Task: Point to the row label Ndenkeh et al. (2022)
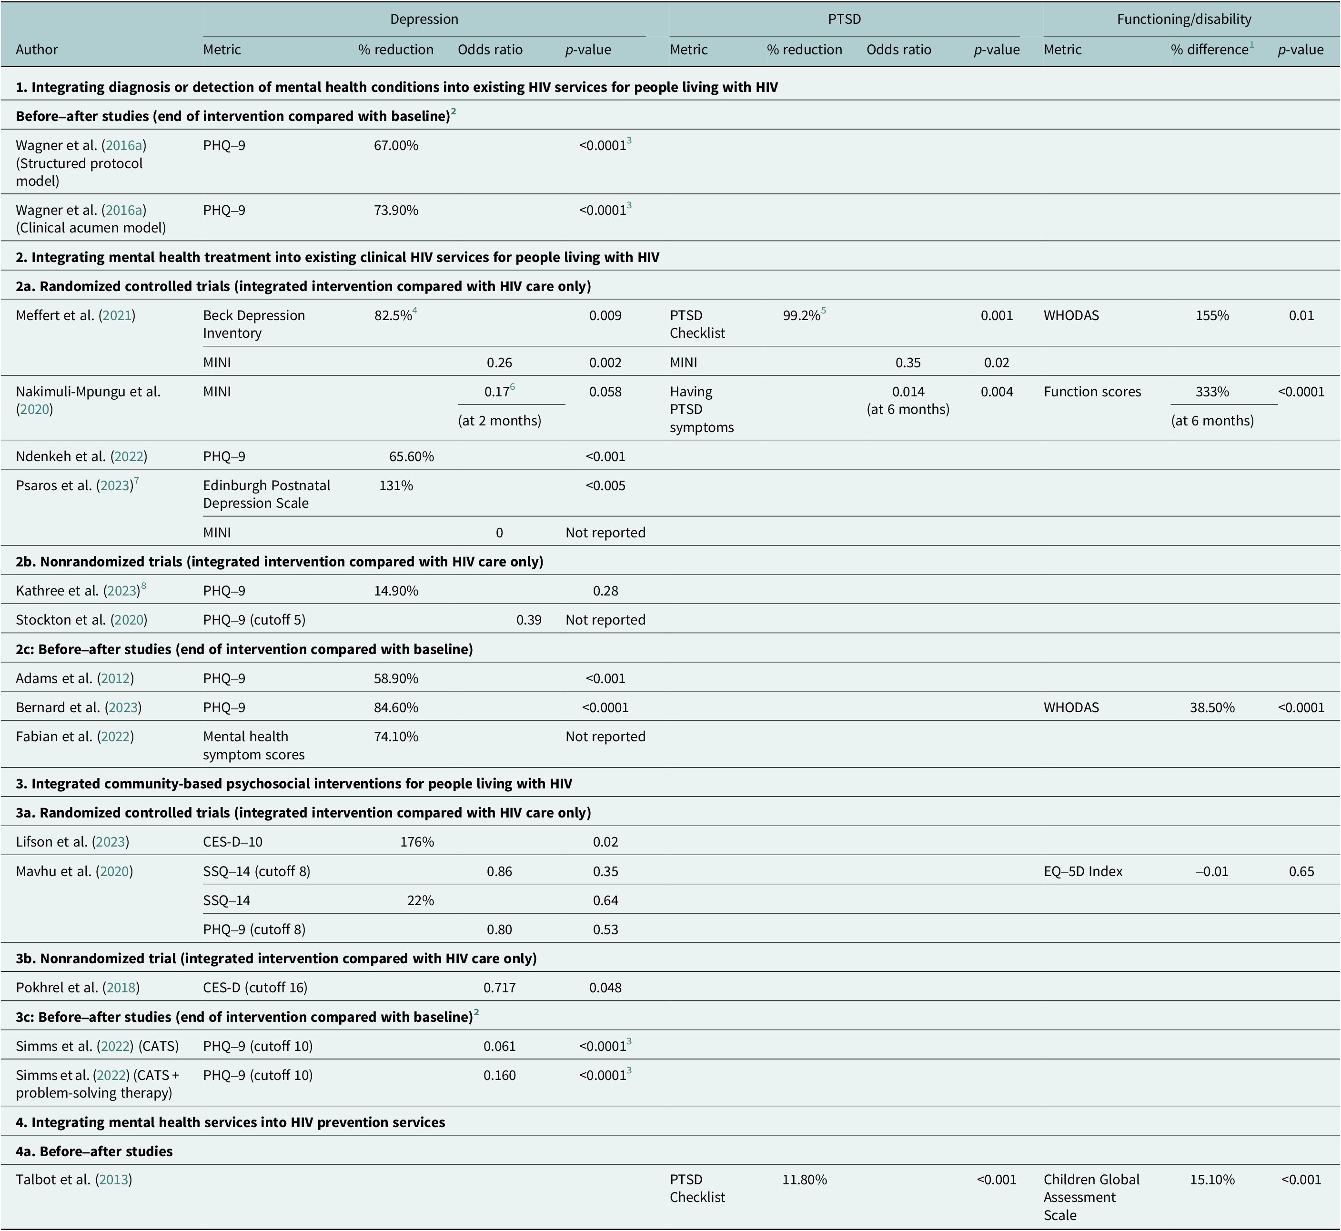click(x=81, y=457)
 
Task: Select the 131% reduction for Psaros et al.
click(x=396, y=485)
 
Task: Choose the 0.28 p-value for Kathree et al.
click(x=605, y=591)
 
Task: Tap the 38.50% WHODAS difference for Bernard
click(x=1212, y=707)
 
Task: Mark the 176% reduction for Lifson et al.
click(x=417, y=842)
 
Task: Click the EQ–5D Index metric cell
click(x=1083, y=871)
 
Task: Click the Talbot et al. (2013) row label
click(x=74, y=1180)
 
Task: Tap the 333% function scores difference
click(x=1212, y=392)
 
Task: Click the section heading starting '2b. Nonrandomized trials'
click(x=280, y=562)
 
